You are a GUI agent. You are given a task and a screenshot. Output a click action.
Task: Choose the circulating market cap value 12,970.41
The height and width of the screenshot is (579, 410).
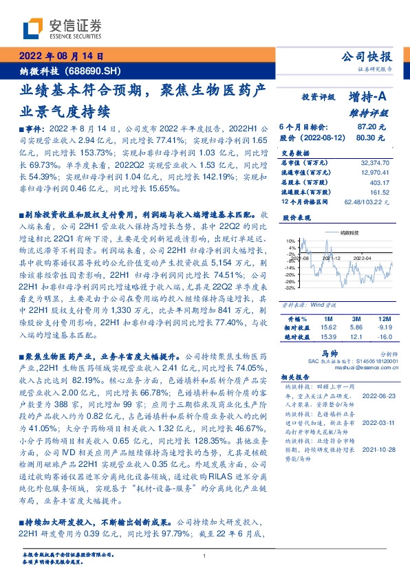pyautogui.click(x=374, y=173)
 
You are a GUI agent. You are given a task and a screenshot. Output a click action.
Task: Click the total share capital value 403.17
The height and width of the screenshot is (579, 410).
pyautogui.click(x=380, y=182)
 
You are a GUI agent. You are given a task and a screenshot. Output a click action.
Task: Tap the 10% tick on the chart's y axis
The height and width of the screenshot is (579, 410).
pyautogui.click(x=292, y=240)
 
